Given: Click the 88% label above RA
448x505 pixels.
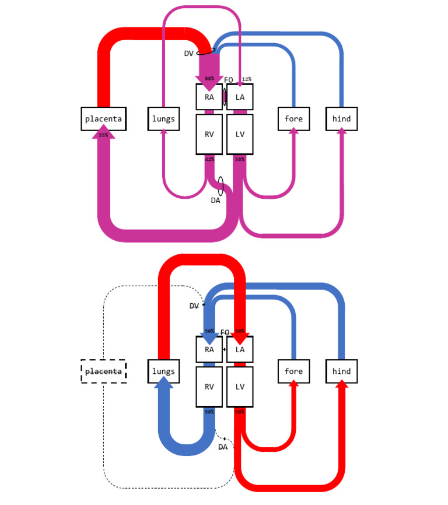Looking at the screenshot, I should click(x=209, y=79).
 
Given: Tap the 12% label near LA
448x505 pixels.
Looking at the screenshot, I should click(x=246, y=79).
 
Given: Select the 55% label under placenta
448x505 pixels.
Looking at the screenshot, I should click(x=103, y=135).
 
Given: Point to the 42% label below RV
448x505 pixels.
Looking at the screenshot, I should click(x=209, y=159).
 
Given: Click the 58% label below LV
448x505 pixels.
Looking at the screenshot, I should click(x=239, y=159).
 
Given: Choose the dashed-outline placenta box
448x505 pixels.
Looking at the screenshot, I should click(x=103, y=371).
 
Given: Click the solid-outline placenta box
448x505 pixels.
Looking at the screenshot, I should click(x=103, y=119).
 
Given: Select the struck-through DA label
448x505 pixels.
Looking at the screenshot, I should click(x=222, y=447).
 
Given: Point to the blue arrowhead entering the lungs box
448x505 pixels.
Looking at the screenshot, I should click(x=164, y=383).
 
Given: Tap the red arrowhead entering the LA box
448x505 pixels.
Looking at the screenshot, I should click(x=240, y=337).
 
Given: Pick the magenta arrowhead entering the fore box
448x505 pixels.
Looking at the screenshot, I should click(x=293, y=132).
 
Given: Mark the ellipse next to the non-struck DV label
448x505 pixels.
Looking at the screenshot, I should click(x=208, y=51).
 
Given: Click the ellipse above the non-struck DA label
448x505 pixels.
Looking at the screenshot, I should click(x=221, y=186).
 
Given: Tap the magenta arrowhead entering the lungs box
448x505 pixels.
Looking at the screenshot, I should click(x=164, y=132).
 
